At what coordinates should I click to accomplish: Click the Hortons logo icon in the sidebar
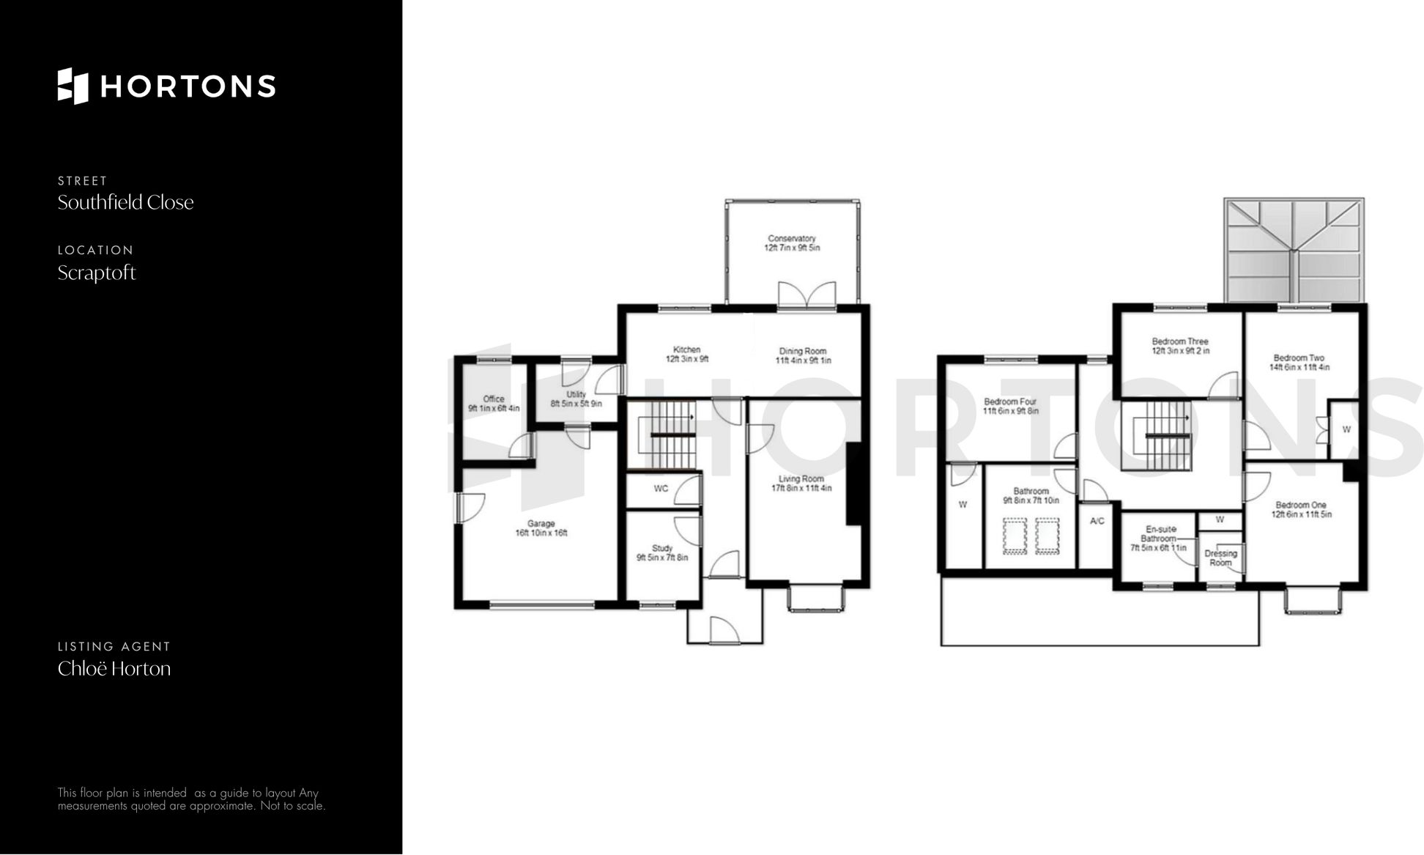pyautogui.click(x=73, y=86)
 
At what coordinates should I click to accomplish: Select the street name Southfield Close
pyautogui.click(x=125, y=203)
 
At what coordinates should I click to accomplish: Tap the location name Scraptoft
pyautogui.click(x=97, y=273)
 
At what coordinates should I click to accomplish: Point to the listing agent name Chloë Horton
pyautogui.click(x=114, y=669)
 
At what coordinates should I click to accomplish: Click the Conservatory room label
pyautogui.click(x=791, y=239)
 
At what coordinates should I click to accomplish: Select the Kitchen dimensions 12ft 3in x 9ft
pyautogui.click(x=686, y=360)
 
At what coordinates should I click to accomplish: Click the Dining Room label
pyautogui.click(x=803, y=351)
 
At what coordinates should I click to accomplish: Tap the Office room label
pyautogui.click(x=494, y=399)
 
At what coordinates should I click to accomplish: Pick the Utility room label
pyautogui.click(x=576, y=394)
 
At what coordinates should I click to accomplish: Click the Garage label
pyautogui.click(x=541, y=523)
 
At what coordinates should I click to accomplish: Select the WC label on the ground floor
pyautogui.click(x=661, y=489)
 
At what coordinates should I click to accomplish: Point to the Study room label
pyautogui.click(x=661, y=548)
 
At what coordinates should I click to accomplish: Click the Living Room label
pyautogui.click(x=801, y=478)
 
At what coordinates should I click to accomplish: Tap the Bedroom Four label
pyautogui.click(x=1010, y=401)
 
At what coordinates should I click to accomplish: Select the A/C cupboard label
pyautogui.click(x=1097, y=521)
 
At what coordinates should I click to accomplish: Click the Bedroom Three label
pyautogui.click(x=1179, y=341)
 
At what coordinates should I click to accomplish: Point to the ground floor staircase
pyautogui.click(x=664, y=435)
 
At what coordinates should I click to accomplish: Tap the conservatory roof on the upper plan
pyautogui.click(x=1294, y=250)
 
